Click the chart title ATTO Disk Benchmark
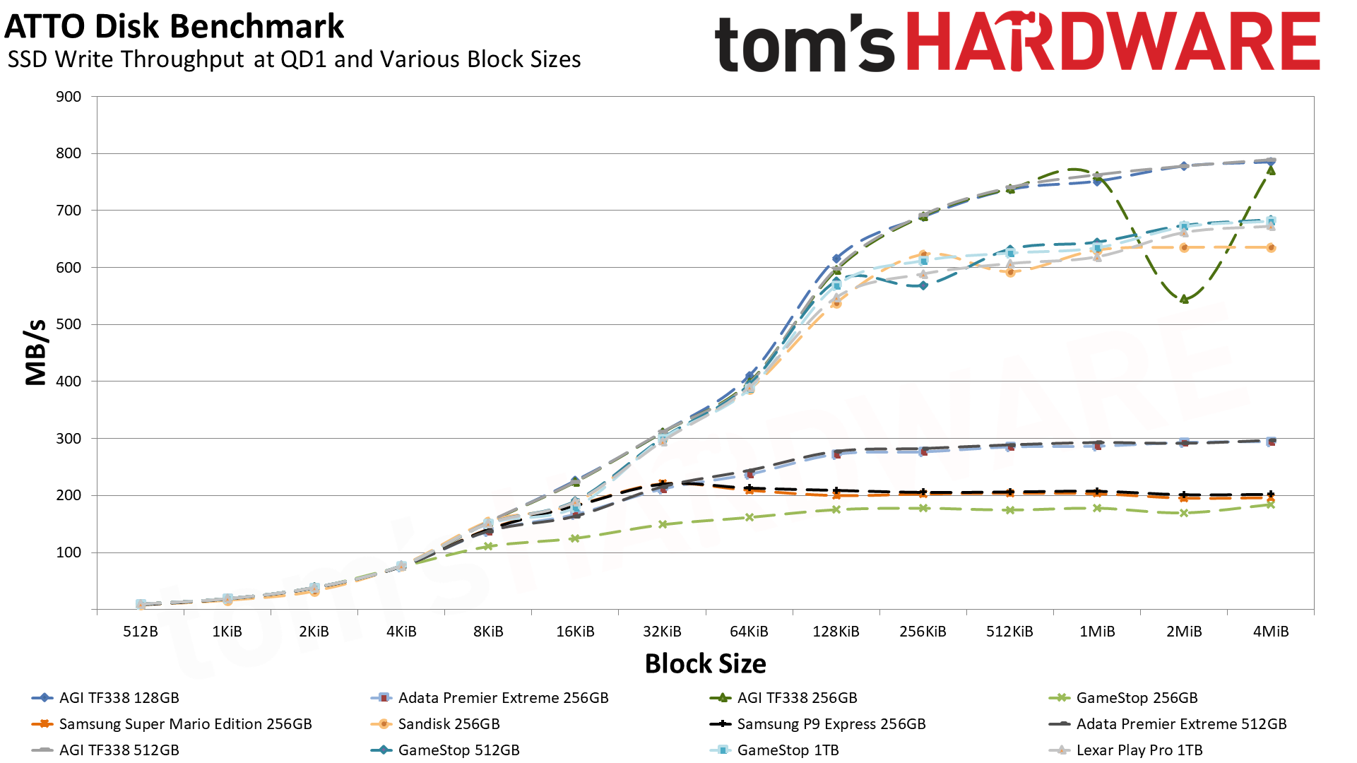pyautogui.click(x=174, y=27)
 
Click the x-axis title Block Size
pyautogui.click(x=705, y=664)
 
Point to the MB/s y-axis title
pyautogui.click(x=35, y=352)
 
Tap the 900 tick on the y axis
pyautogui.click(x=69, y=97)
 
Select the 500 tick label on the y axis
pyautogui.click(x=69, y=324)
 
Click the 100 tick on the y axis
pyautogui.click(x=69, y=552)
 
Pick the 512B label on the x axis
pyautogui.click(x=141, y=632)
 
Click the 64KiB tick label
pyautogui.click(x=749, y=632)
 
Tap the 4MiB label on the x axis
pyautogui.click(x=1271, y=632)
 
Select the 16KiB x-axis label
pyautogui.click(x=575, y=632)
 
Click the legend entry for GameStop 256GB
pyautogui.click(x=1137, y=698)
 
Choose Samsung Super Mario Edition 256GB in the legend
pyautogui.click(x=185, y=724)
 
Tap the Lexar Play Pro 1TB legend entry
pyautogui.click(x=1139, y=750)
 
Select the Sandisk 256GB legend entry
pyautogui.click(x=449, y=724)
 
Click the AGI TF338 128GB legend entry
pyautogui.click(x=119, y=698)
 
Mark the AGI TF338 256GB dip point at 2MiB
pyautogui.click(x=1184, y=300)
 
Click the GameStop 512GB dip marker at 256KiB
pyautogui.click(x=923, y=285)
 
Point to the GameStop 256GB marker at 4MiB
pyautogui.click(x=1271, y=504)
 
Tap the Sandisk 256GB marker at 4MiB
pyautogui.click(x=1271, y=248)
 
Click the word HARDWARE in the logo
pyautogui.click(x=1113, y=42)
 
